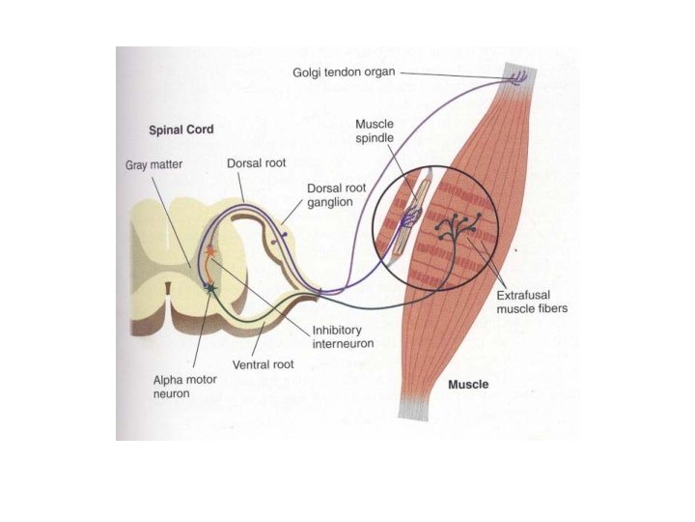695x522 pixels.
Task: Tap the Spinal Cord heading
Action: pos(181,129)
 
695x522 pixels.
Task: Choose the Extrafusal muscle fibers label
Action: pos(531,303)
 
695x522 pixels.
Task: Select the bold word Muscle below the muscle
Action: pos(468,384)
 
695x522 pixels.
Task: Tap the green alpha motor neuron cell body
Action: pos(210,287)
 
